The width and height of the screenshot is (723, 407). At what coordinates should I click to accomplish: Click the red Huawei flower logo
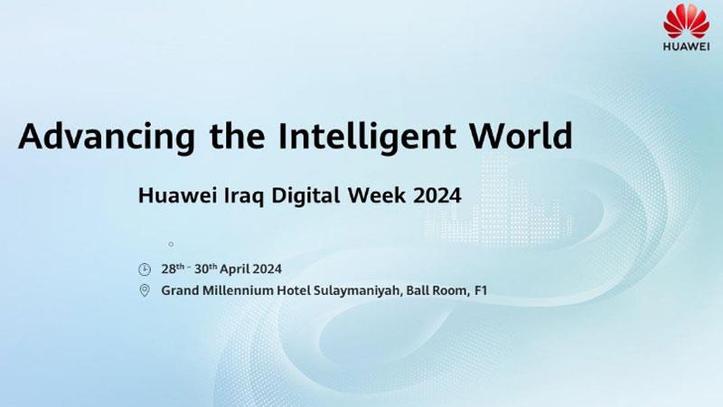(x=686, y=21)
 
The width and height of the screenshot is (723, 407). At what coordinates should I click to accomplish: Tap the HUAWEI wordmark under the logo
(x=686, y=47)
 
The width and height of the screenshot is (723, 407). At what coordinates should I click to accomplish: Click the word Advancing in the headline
(x=107, y=137)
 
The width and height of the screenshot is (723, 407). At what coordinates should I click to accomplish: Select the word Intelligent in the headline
(x=367, y=137)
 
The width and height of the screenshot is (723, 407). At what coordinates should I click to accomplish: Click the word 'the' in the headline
(x=237, y=136)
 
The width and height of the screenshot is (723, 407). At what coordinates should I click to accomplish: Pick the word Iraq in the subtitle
(x=244, y=195)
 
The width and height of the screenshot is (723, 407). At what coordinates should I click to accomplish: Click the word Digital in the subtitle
(x=305, y=195)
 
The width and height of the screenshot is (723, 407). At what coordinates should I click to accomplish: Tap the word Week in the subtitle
(x=377, y=194)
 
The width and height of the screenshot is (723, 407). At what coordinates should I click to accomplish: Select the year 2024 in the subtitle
(x=437, y=195)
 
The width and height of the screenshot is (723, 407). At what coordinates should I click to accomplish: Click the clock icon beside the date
(x=145, y=270)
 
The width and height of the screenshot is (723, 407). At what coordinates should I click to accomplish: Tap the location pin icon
(x=145, y=290)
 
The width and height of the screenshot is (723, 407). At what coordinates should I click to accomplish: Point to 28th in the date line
(x=173, y=269)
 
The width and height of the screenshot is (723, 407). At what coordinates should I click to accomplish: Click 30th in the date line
(x=206, y=269)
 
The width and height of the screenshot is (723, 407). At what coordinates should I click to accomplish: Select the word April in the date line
(x=235, y=270)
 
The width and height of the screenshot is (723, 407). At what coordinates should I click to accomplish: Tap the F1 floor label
(x=481, y=290)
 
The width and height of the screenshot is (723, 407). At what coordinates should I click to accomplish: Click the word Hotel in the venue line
(x=293, y=290)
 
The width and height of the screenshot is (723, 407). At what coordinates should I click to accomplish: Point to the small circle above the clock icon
(x=171, y=244)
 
